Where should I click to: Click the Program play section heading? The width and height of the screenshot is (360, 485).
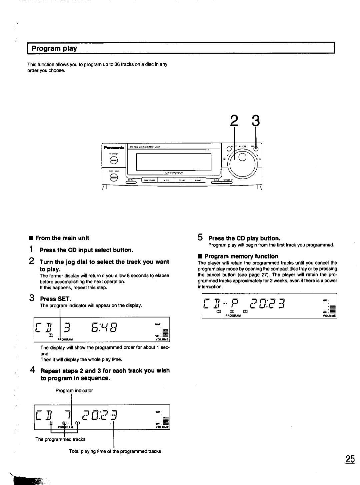point(54,49)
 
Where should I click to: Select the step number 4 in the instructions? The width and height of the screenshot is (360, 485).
point(32,370)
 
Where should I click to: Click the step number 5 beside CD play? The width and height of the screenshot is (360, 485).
point(200,238)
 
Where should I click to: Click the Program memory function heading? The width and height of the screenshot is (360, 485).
point(241,256)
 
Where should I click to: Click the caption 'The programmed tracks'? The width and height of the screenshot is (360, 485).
point(60,439)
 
